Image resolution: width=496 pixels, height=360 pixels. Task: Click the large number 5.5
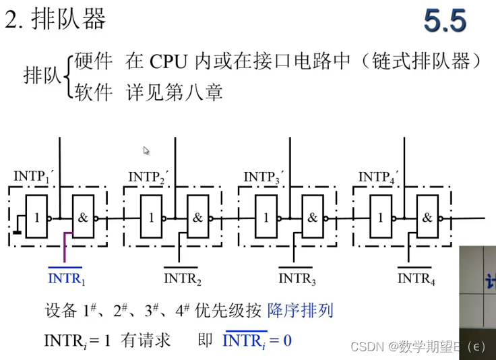pos(445,21)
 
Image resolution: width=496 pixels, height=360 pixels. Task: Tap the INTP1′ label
pos(33,177)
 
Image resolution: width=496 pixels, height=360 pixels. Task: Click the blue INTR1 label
pos(66,277)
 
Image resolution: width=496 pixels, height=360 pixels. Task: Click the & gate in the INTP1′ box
pos(84,218)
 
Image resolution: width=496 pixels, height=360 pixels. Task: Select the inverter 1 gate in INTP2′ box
pos(152,218)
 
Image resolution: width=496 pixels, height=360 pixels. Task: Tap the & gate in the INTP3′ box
pos(313,218)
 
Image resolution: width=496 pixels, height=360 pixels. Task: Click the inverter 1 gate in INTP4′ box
pos(381,218)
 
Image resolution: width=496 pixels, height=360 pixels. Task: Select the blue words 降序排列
pos(300,311)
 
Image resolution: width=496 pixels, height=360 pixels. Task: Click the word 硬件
pos(94,62)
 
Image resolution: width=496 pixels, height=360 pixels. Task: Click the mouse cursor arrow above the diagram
pos(146,151)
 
